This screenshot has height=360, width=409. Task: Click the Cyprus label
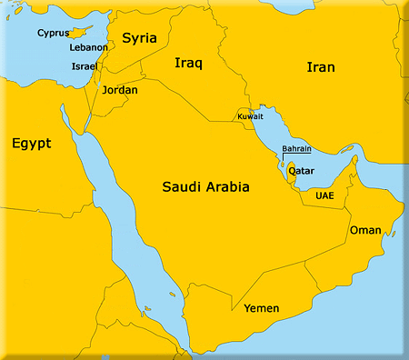click(54, 34)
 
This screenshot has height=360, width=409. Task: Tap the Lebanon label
click(88, 47)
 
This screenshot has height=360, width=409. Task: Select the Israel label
click(85, 67)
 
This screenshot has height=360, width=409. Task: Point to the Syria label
click(139, 38)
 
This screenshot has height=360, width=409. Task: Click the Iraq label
click(188, 63)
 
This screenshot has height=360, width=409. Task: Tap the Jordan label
click(121, 90)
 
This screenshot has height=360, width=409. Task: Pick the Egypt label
click(31, 144)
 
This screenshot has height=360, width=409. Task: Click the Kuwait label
click(251, 116)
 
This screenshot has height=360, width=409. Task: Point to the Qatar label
click(302, 170)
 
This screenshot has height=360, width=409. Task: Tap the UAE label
click(324, 195)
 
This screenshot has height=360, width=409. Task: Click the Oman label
click(365, 230)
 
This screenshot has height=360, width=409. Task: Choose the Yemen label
click(262, 307)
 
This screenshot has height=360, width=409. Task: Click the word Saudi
click(182, 187)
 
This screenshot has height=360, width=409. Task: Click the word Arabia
click(227, 187)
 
